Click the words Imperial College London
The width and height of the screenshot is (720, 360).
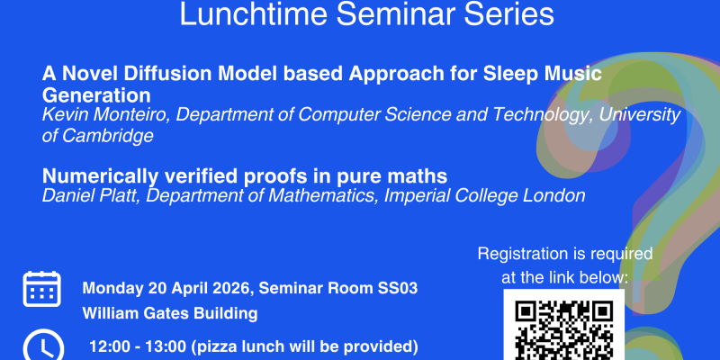pos(485,195)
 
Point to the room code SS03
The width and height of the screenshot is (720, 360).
pos(397,289)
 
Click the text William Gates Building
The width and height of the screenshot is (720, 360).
pos(170,314)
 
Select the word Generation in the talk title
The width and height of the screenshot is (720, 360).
pos(96,94)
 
